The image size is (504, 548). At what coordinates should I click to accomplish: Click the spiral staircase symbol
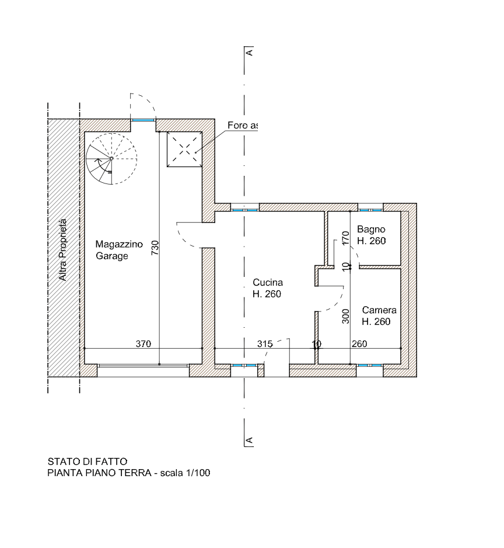[111, 158]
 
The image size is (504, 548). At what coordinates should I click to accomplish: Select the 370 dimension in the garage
[143, 344]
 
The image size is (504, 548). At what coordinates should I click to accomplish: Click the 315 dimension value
[265, 344]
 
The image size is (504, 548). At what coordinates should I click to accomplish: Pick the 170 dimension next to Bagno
[345, 238]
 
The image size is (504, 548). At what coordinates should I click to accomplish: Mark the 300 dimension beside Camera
[345, 316]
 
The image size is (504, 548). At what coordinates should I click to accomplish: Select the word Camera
[379, 310]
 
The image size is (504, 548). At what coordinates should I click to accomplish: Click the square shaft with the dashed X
[184, 149]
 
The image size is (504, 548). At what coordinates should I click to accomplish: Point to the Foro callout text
[243, 126]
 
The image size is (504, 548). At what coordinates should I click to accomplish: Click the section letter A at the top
[250, 53]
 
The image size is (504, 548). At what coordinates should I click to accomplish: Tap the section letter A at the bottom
[250, 440]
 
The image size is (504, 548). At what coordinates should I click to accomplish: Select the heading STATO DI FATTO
[86, 462]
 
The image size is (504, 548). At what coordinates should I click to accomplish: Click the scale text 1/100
[198, 473]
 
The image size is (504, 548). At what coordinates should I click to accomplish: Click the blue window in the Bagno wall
[370, 207]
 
